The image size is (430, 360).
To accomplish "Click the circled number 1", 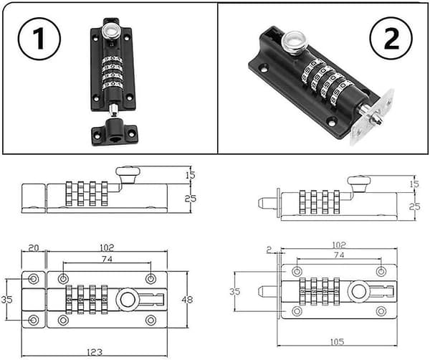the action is click(x=39, y=39).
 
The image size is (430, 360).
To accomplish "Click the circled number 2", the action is click(x=391, y=39).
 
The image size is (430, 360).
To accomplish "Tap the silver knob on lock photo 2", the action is click(x=295, y=43).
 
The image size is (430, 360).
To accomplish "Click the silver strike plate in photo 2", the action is click(x=373, y=117).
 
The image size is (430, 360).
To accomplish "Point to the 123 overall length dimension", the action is click(x=95, y=352).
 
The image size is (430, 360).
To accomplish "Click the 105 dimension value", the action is click(x=337, y=341).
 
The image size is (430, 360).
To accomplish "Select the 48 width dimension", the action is click(x=187, y=299).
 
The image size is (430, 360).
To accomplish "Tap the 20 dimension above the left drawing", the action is click(x=34, y=248).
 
